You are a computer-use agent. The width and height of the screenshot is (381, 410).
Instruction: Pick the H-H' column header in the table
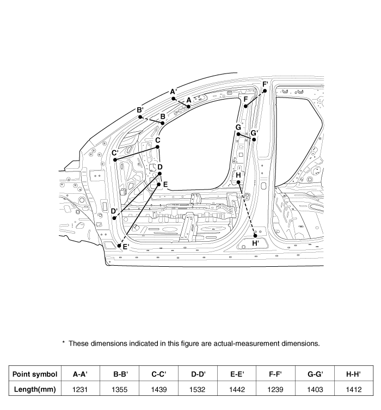point(354,374)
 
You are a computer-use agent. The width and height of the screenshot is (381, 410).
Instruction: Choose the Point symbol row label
point(35,374)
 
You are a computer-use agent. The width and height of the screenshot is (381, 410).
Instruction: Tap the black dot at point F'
point(265,91)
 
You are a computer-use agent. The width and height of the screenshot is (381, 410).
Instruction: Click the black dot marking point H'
point(255,235)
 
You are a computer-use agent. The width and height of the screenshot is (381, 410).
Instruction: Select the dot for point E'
point(120,246)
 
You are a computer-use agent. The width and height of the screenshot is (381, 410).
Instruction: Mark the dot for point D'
point(115,218)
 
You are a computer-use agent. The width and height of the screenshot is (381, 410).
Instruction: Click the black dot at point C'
point(115,160)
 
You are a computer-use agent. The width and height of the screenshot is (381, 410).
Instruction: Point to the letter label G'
point(254,132)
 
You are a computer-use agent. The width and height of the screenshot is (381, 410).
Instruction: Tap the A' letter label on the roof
point(173,92)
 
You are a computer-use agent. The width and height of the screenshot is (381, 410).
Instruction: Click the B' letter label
point(140,110)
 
